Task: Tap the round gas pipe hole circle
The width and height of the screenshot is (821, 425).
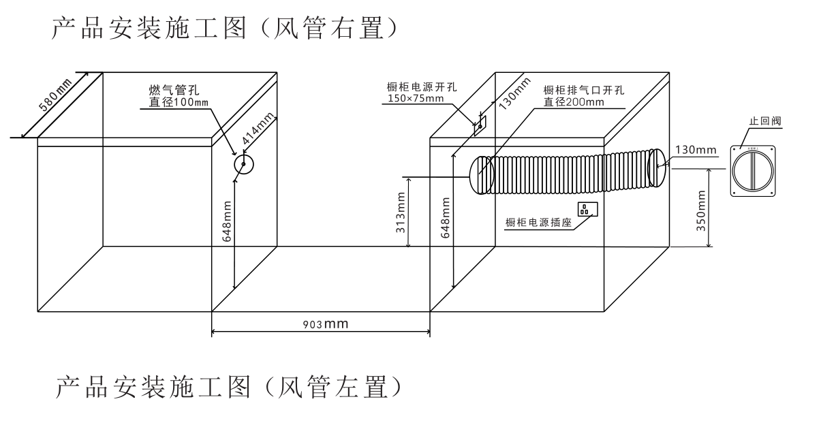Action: (243, 165)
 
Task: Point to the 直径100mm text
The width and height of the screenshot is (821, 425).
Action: (179, 103)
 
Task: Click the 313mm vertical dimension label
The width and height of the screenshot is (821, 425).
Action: (401, 211)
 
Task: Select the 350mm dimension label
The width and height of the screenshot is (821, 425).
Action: (701, 211)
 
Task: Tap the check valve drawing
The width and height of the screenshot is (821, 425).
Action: (753, 170)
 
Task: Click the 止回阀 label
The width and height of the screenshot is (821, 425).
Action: (764, 121)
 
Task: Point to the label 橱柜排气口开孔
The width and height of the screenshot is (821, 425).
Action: (583, 90)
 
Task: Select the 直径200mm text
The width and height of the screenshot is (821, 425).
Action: (574, 102)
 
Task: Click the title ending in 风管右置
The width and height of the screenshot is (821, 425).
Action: (225, 28)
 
